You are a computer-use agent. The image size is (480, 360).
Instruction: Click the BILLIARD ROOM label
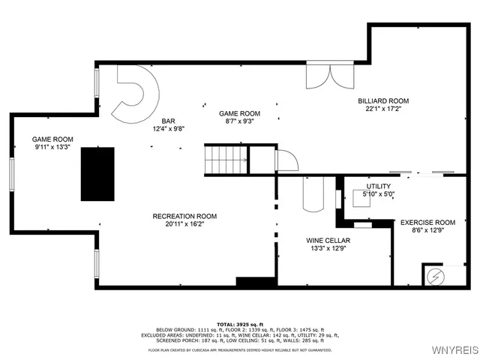click(382, 100)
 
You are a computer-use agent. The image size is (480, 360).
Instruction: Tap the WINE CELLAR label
click(325, 241)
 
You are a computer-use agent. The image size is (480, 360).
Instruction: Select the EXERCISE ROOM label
click(427, 222)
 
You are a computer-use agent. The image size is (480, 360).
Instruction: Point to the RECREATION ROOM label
click(184, 216)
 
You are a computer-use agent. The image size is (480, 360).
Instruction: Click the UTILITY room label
click(378, 186)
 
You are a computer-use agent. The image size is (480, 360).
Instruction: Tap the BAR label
click(169, 120)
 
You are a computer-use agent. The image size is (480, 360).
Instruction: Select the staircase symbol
click(226, 158)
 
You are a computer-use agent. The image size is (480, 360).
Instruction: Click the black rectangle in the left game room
click(97, 173)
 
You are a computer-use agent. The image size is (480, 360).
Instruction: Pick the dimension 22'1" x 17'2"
click(382, 108)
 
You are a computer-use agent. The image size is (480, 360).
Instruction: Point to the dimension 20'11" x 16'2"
click(184, 223)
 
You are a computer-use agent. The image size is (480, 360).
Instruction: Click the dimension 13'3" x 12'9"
click(325, 248)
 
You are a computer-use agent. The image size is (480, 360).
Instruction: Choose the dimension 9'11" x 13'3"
click(52, 147)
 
